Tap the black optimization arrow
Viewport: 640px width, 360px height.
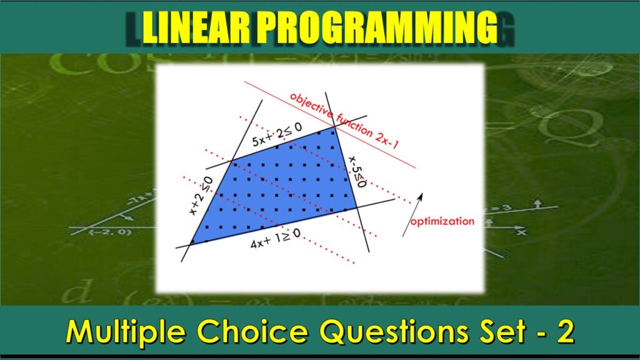coord(412,214)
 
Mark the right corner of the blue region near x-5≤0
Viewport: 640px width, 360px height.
coord(357,207)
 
